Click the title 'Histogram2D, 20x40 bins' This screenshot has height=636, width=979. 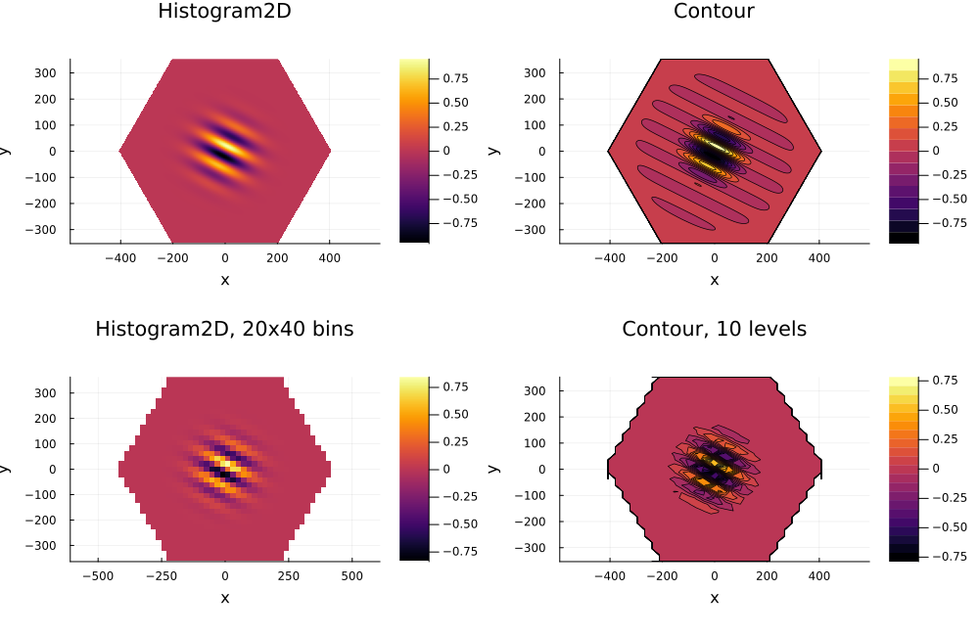tap(224, 330)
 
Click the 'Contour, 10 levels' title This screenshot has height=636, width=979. tap(714, 330)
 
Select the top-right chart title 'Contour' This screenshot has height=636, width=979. tap(714, 12)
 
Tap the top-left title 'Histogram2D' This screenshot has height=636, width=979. tap(224, 12)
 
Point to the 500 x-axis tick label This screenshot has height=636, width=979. tap(351, 577)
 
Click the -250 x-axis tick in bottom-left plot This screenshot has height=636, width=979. tap(160, 577)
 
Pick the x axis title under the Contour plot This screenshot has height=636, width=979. tap(714, 280)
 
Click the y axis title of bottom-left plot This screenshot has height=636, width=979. tap(6, 469)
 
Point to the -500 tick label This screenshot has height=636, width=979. tap(96, 577)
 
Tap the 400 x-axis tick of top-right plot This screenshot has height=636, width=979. tap(818, 259)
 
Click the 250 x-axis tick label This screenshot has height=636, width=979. tap(288, 577)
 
